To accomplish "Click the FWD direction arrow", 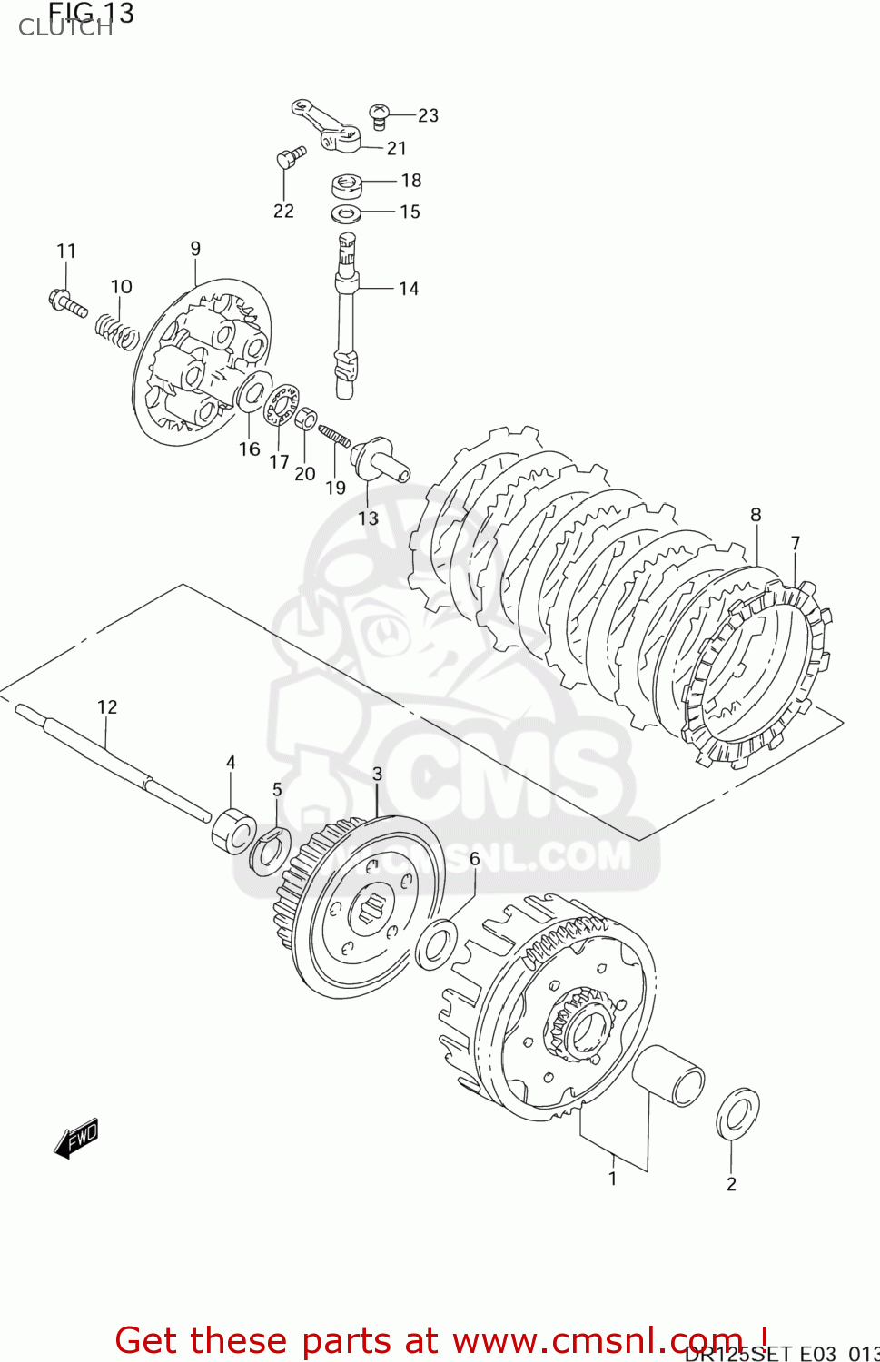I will point(76,1138).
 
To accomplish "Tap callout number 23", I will point(428,115).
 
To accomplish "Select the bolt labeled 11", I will point(66,302).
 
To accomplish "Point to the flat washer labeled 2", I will point(737,1113).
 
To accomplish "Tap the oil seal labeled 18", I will point(347,186).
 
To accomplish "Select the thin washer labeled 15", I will point(346,214).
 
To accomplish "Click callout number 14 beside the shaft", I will point(409,289).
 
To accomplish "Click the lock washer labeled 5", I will point(269,853).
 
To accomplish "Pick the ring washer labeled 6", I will point(437,944).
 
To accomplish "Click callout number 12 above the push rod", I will point(107,706).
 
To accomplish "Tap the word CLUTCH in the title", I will point(65,29).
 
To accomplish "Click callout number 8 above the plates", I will point(756,515).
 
